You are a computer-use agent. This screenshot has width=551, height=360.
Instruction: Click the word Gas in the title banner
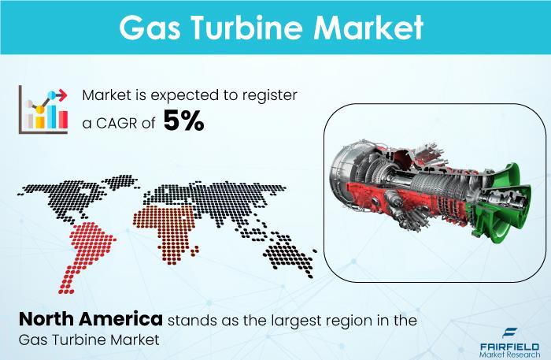(x=150, y=28)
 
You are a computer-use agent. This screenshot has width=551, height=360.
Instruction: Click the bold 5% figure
(x=183, y=121)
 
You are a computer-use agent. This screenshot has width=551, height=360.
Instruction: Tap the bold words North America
(x=91, y=319)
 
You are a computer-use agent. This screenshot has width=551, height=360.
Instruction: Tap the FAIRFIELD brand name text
(x=509, y=347)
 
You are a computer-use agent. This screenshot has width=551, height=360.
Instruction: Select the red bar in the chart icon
(x=63, y=120)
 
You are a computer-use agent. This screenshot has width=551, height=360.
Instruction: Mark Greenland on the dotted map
(x=121, y=182)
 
